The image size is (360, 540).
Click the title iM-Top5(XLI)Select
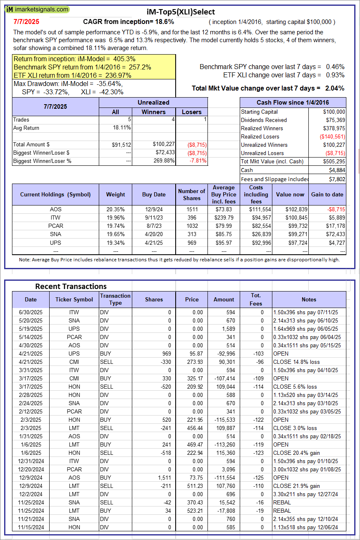[181, 12]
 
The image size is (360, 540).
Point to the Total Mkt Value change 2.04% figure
[335, 88]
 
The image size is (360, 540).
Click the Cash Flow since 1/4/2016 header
[293, 103]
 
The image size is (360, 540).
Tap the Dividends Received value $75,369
[334, 120]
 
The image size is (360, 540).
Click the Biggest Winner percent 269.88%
[163, 161]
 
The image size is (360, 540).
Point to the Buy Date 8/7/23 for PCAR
[154, 226]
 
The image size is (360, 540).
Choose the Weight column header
[115, 194]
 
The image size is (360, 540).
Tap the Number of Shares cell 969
[192, 242]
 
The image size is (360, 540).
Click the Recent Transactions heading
[71, 286]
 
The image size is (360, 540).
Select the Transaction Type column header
[115, 299]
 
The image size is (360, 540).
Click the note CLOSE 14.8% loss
[296, 362]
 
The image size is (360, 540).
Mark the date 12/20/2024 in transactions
[31, 469]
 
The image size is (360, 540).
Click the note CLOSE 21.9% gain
[297, 486]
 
